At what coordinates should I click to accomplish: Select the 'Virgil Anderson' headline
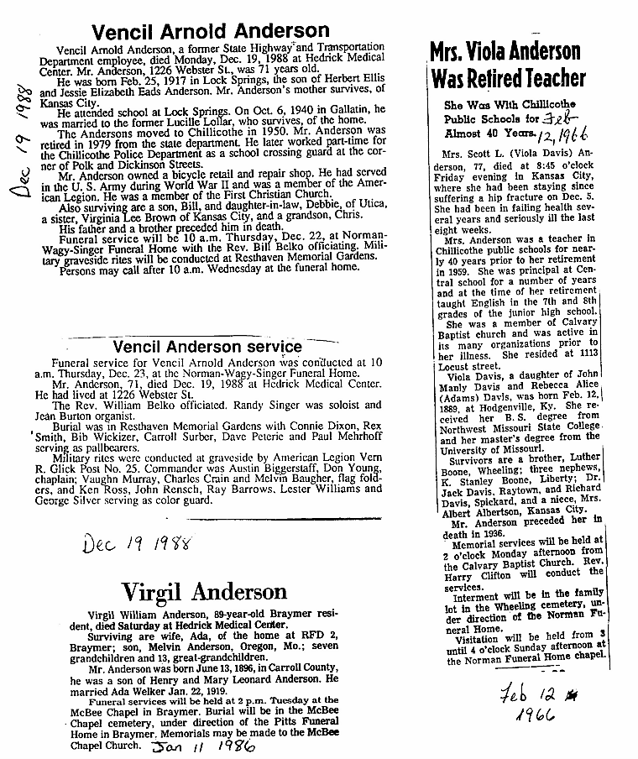(205, 592)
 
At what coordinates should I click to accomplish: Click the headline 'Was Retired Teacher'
(508, 79)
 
